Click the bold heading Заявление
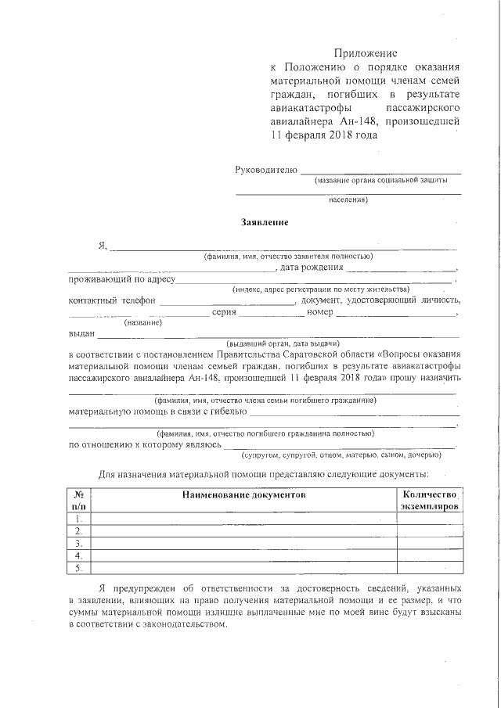tap(265, 222)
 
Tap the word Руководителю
tap(266, 169)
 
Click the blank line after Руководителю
tap(380, 171)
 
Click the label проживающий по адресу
tap(121, 279)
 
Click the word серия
tap(224, 312)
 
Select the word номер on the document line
tap(320, 312)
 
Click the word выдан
tap(81, 333)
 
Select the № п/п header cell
tap(79, 501)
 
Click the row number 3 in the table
tap(79, 543)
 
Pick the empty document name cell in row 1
tap(243, 518)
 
